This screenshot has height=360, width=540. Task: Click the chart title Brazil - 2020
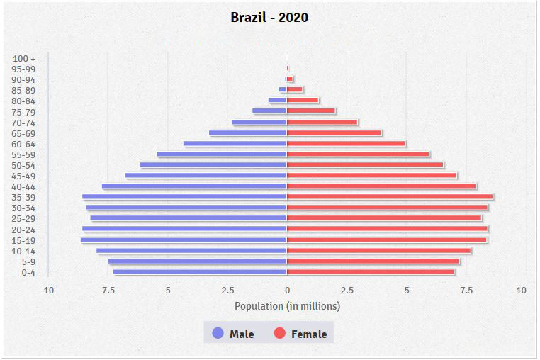(x=269, y=17)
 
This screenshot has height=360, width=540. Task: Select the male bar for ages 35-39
(x=184, y=197)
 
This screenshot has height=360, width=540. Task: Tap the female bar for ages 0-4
(x=370, y=272)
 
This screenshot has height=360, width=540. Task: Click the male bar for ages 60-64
(x=235, y=144)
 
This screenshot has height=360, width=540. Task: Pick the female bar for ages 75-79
(x=311, y=111)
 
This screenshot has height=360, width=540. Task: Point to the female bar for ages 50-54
(x=365, y=165)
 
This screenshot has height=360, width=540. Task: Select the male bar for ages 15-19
(x=184, y=240)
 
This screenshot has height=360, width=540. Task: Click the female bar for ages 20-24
(x=387, y=229)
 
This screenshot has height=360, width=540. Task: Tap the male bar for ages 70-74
(x=259, y=123)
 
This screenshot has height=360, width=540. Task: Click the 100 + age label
(x=24, y=58)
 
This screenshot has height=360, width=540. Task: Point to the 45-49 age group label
(x=24, y=176)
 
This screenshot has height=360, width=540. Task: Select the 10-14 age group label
(x=24, y=251)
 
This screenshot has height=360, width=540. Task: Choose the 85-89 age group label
(x=24, y=90)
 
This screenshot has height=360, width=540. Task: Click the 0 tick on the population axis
(x=287, y=290)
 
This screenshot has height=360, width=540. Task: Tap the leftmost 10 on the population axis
(x=49, y=290)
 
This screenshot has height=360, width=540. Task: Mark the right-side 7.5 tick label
(x=466, y=290)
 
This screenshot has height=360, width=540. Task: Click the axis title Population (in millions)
(x=287, y=306)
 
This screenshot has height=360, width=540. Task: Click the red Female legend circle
(x=280, y=333)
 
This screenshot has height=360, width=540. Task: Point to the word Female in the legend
(x=309, y=334)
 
